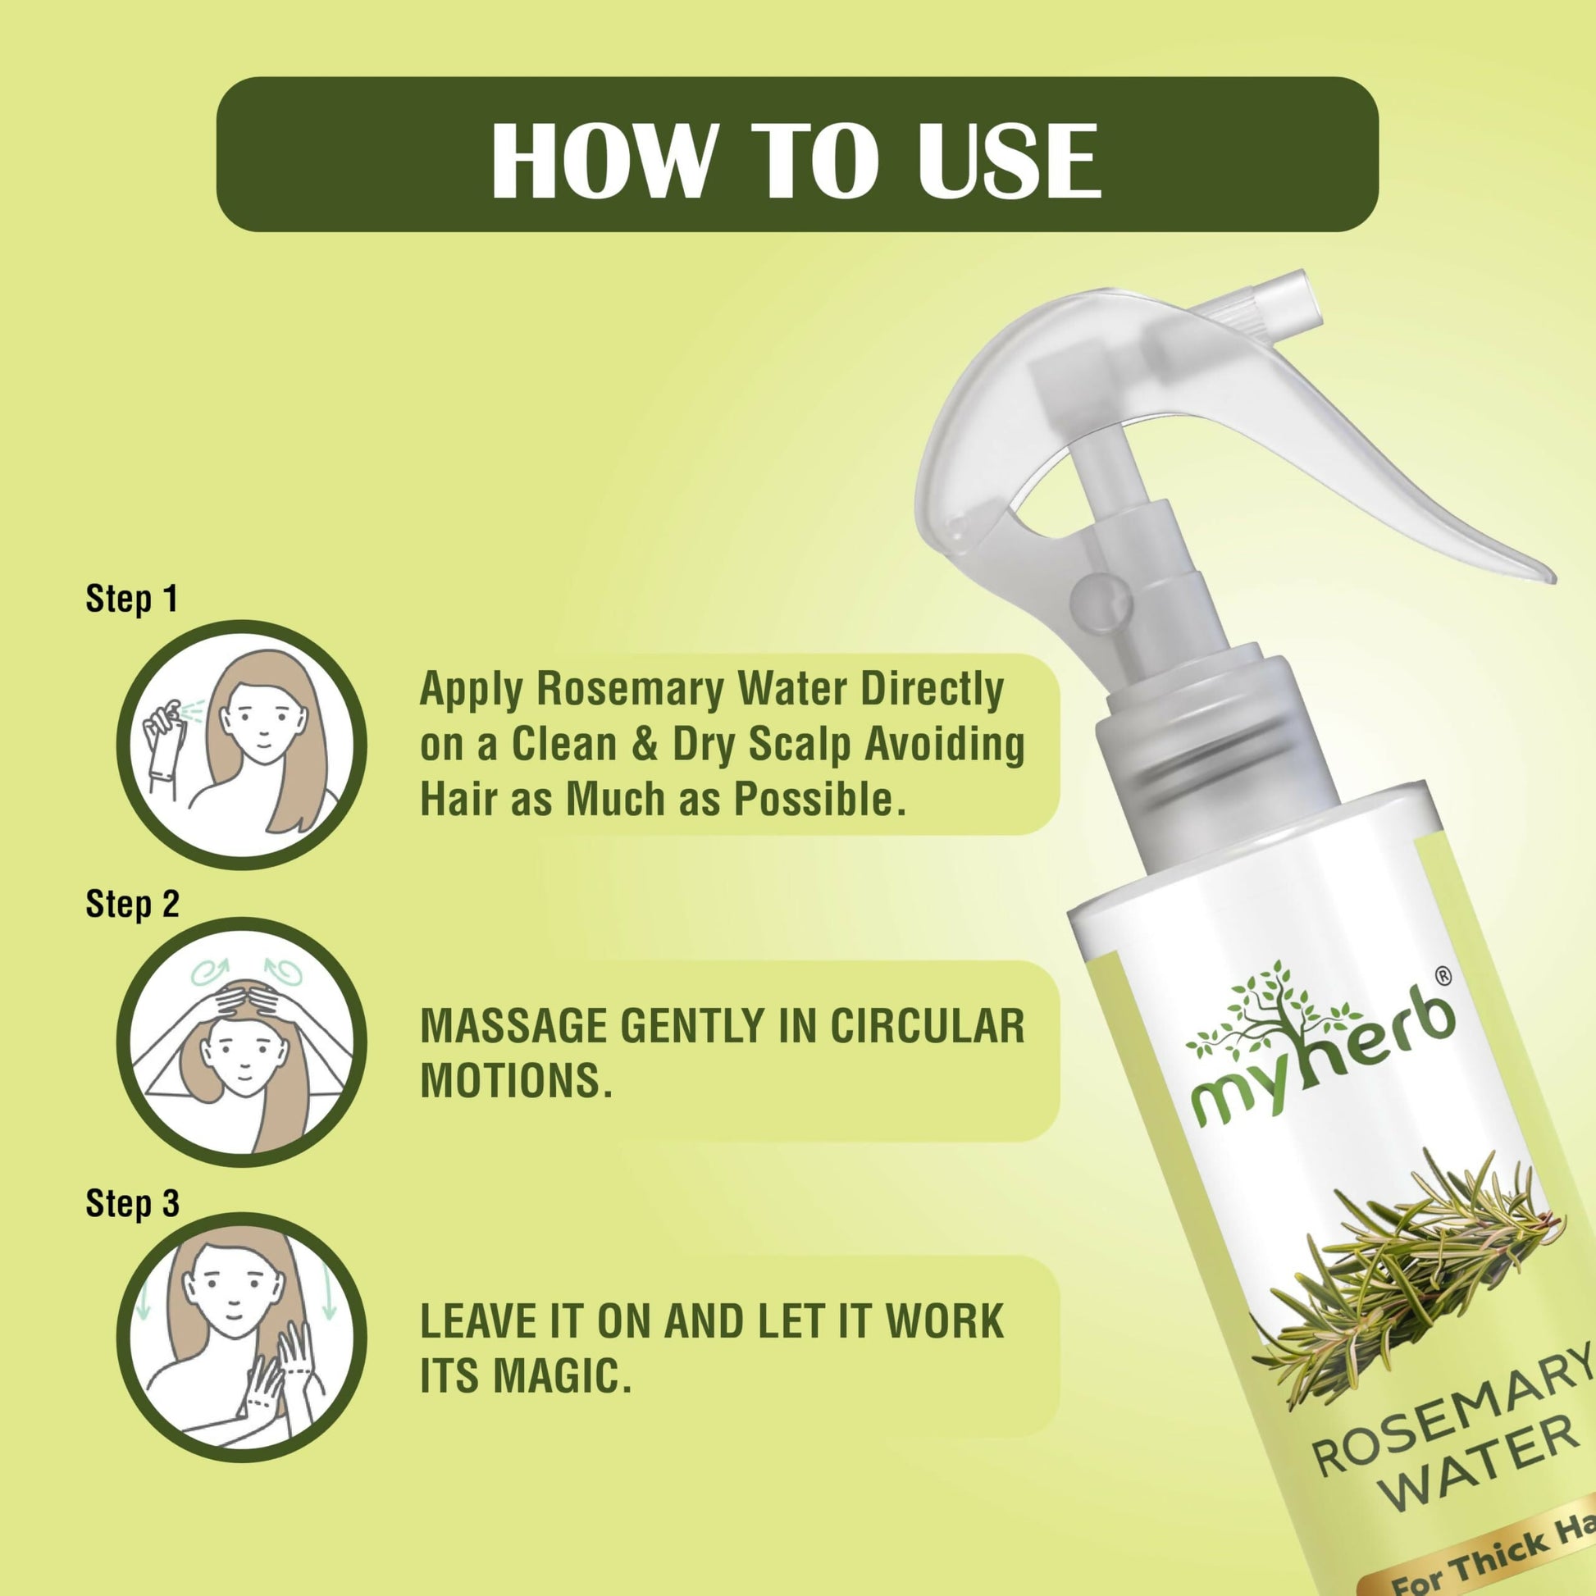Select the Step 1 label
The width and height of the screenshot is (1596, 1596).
132,598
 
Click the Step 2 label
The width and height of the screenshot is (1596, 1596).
132,904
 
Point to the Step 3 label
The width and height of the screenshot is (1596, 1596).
132,1204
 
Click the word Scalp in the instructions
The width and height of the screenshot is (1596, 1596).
800,745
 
